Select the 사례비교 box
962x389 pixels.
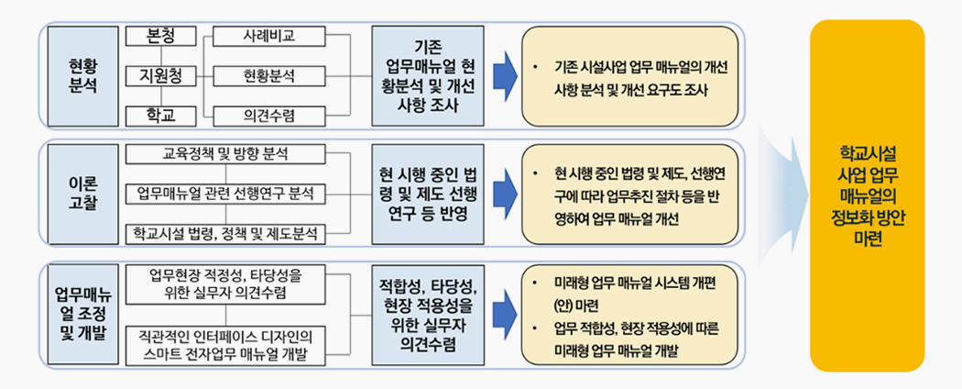(268, 37)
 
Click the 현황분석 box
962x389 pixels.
(268, 75)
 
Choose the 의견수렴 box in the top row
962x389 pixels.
(268, 116)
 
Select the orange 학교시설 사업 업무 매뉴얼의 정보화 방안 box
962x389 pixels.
(867, 194)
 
